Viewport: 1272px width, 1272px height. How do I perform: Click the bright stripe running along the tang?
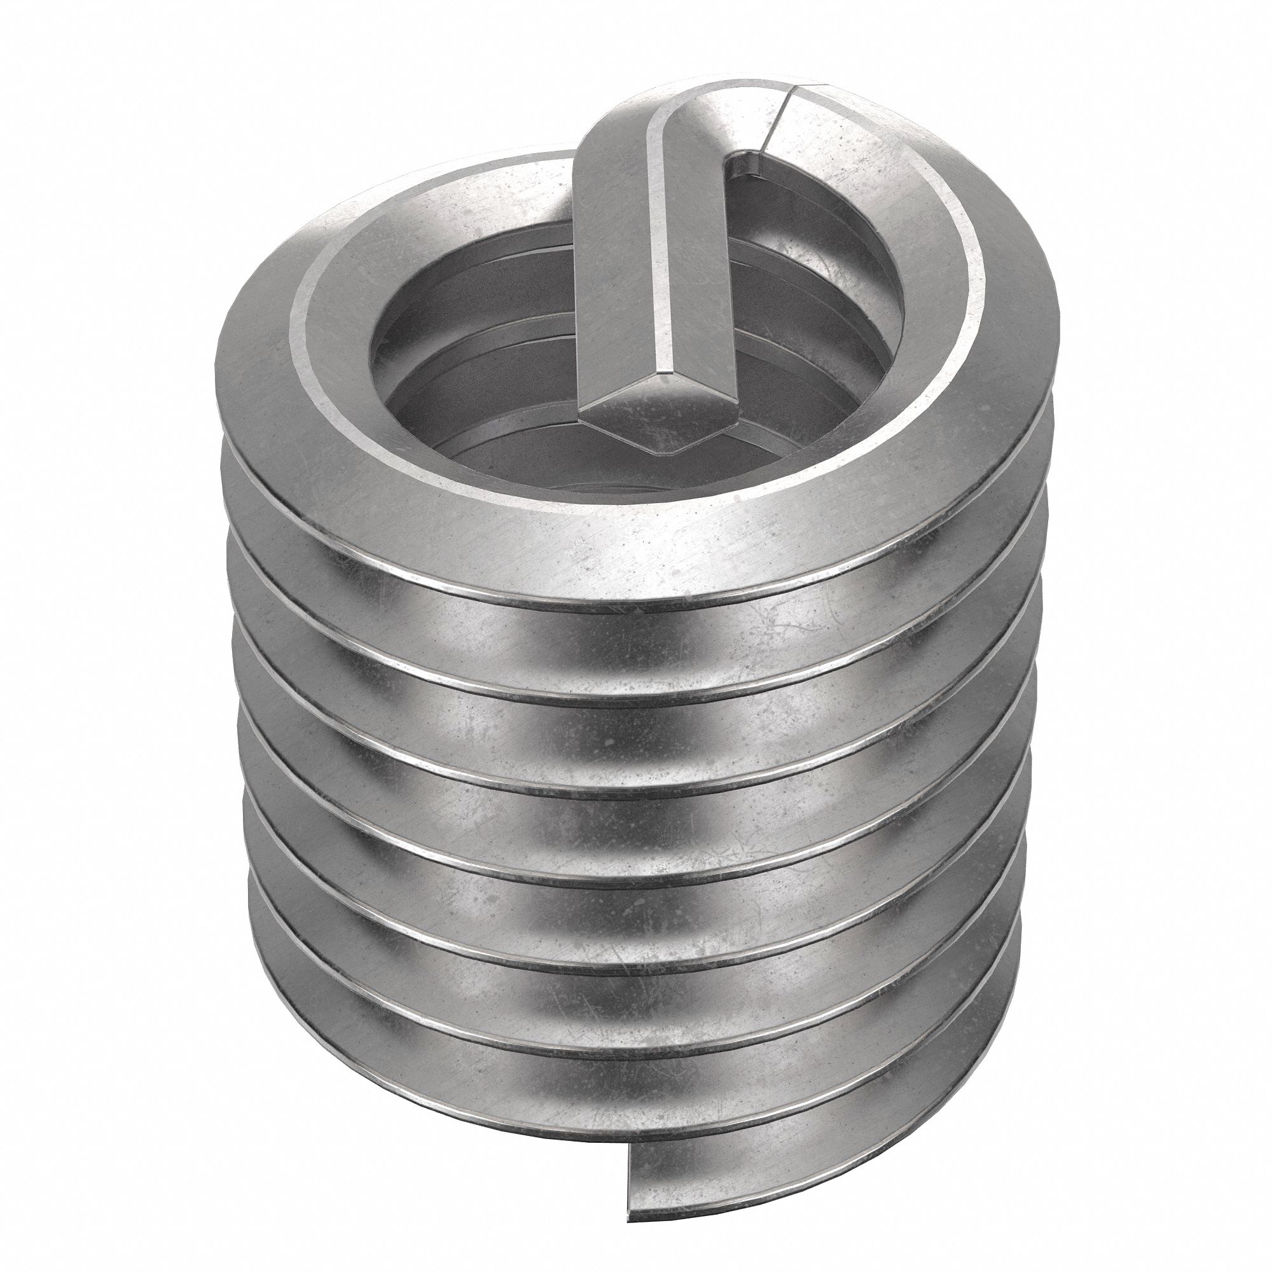[x=665, y=263]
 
